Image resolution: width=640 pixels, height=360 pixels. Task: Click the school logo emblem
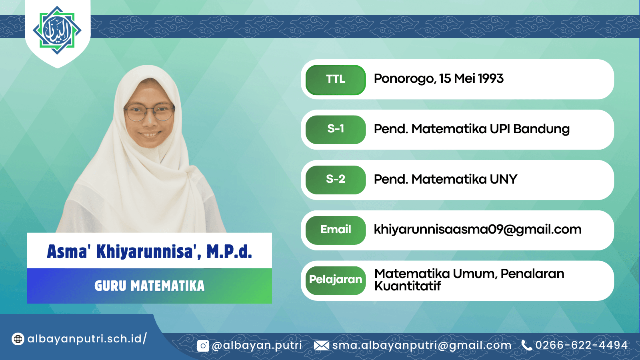pos(57,30)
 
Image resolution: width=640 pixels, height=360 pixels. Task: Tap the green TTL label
pos(336,80)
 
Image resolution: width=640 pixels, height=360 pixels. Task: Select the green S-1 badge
pos(336,130)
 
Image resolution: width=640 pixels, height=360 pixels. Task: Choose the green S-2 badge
pos(336,180)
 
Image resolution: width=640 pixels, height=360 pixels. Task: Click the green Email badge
pos(336,230)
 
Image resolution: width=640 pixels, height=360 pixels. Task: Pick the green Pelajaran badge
pos(336,280)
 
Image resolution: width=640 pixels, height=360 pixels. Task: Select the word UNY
pos(504,180)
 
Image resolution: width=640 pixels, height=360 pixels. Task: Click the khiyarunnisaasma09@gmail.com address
pos(478,230)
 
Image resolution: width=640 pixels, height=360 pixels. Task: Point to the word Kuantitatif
pos(408,286)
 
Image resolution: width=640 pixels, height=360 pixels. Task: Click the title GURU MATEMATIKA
pos(150,286)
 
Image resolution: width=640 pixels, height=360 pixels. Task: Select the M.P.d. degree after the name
pos(230,252)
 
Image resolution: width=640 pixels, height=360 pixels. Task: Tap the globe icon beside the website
pos(18,339)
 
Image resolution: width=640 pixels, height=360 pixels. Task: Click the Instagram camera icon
pos(203,346)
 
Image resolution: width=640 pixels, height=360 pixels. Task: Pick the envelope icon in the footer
pos(322,346)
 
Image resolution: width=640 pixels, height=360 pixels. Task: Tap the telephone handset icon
pos(526,345)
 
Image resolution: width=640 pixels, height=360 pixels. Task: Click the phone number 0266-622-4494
pos(582,345)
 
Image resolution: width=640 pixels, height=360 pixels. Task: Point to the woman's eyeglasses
pos(150,112)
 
